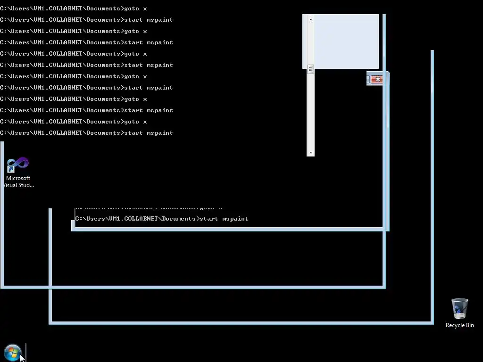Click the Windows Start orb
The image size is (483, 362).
pos(12,352)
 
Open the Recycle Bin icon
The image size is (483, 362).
pos(459,309)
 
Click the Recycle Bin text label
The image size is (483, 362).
pos(459,325)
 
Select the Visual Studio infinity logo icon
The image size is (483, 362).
pos(18,165)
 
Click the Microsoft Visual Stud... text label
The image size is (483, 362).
pos(18,181)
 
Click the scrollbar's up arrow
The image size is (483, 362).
pos(310,19)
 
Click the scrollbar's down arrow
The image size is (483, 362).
pos(310,153)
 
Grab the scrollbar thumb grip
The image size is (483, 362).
pos(310,70)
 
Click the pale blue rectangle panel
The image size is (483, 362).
pos(346,41)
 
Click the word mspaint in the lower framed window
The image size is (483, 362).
pos(235,219)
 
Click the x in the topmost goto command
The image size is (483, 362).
pos(145,8)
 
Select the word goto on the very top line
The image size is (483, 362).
pos(132,8)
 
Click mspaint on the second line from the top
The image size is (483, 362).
pos(159,20)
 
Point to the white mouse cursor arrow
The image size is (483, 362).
pos(22,357)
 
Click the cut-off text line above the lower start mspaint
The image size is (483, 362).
pos(148,208)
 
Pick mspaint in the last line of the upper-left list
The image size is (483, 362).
pos(159,133)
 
